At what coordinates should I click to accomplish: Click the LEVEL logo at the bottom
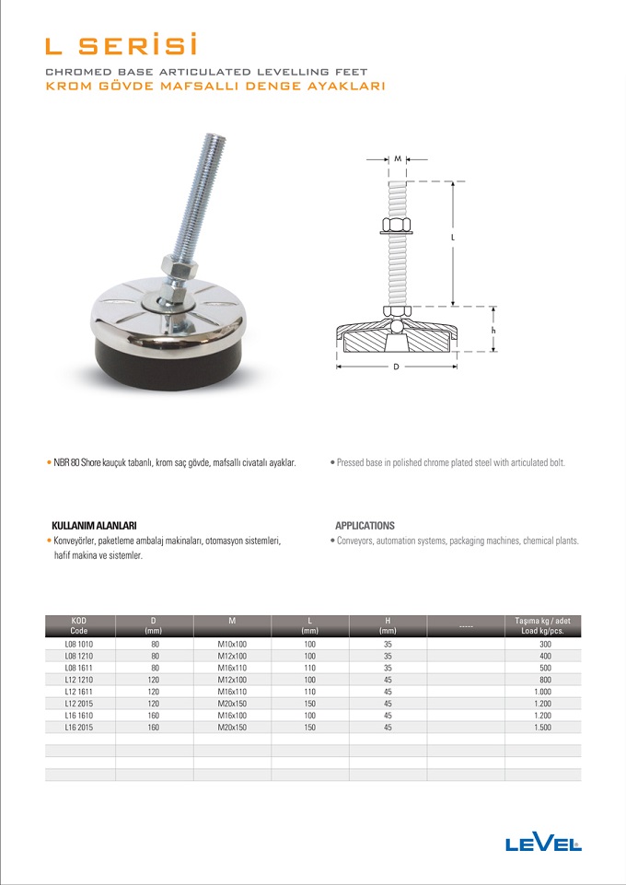pyautogui.click(x=543, y=843)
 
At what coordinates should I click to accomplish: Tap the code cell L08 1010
pyautogui.click(x=79, y=644)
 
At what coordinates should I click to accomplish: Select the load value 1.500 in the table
pyautogui.click(x=543, y=728)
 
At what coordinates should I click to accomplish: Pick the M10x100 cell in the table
pyautogui.click(x=232, y=644)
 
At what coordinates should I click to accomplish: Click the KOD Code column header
pyautogui.click(x=79, y=625)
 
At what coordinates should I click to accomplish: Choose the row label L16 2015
pyautogui.click(x=79, y=728)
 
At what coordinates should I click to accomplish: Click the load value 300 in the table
pyautogui.click(x=543, y=644)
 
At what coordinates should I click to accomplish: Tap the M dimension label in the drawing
pyautogui.click(x=398, y=159)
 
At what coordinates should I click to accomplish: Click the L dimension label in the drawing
pyautogui.click(x=454, y=238)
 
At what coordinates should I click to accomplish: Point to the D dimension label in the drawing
pyautogui.click(x=396, y=367)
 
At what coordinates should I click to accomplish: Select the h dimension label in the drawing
pyautogui.click(x=494, y=330)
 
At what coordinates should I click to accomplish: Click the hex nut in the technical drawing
pyautogui.click(x=396, y=226)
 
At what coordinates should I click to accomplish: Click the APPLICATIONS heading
pyautogui.click(x=365, y=525)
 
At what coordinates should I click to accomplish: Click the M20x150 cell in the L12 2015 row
pyautogui.click(x=232, y=704)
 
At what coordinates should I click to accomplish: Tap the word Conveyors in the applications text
pyautogui.click(x=356, y=541)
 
